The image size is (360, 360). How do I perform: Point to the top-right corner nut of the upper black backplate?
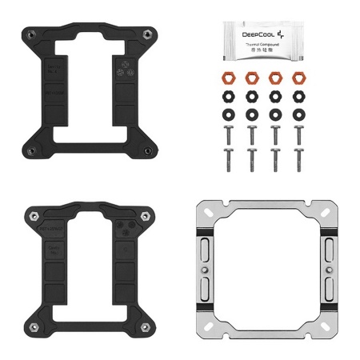[x=148, y=34]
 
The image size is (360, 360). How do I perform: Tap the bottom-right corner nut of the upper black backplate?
[x=148, y=150]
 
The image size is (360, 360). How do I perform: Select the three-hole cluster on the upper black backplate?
[x=122, y=66]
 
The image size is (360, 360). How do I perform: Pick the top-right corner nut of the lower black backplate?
[x=148, y=216]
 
